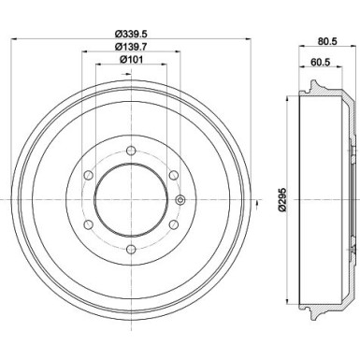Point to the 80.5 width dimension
click(x=326, y=41)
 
